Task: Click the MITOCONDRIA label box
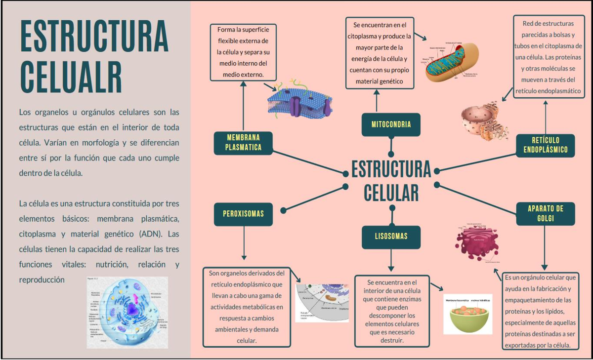pyautogui.click(x=391, y=124)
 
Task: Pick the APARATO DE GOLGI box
pyautogui.click(x=545, y=214)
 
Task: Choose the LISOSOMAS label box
pyautogui.click(x=391, y=237)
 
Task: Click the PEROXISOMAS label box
pyautogui.click(x=243, y=214)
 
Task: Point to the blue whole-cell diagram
pyautogui.click(x=127, y=312)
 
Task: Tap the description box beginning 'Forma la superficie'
pyautogui.click(x=243, y=52)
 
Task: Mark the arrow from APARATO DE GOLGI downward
pyautogui.click(x=545, y=247)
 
